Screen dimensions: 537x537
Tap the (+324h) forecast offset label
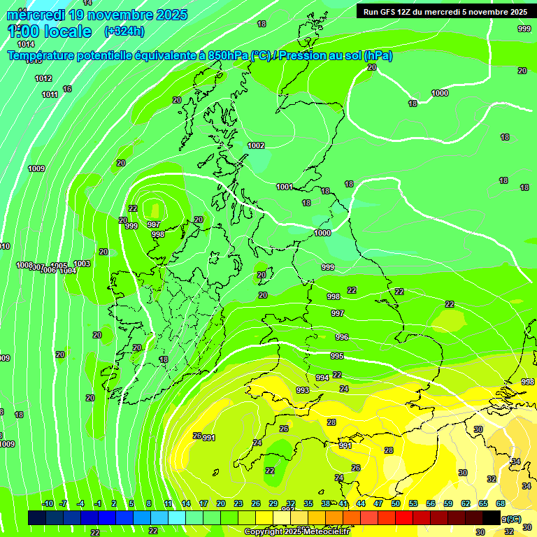click(x=124, y=31)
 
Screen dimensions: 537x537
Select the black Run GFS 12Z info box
click(x=445, y=11)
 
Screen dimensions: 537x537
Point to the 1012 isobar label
click(x=43, y=78)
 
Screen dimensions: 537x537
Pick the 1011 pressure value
click(x=50, y=94)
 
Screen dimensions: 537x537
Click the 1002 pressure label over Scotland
click(x=256, y=145)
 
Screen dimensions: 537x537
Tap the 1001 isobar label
click(x=284, y=187)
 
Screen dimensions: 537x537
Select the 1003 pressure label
click(x=82, y=264)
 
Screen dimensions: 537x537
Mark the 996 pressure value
click(x=341, y=337)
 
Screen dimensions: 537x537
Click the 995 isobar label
click(x=337, y=356)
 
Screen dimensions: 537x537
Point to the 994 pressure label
click(x=322, y=378)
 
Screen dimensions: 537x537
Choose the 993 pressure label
click(x=303, y=390)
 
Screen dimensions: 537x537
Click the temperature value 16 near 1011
click(x=67, y=89)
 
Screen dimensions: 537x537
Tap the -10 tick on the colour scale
click(x=48, y=504)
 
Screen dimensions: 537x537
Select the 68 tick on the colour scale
click(x=501, y=504)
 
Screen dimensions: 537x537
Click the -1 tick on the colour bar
click(x=97, y=504)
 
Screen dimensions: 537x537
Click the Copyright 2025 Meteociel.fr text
click(x=296, y=531)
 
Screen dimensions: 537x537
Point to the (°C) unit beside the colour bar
click(x=513, y=519)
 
